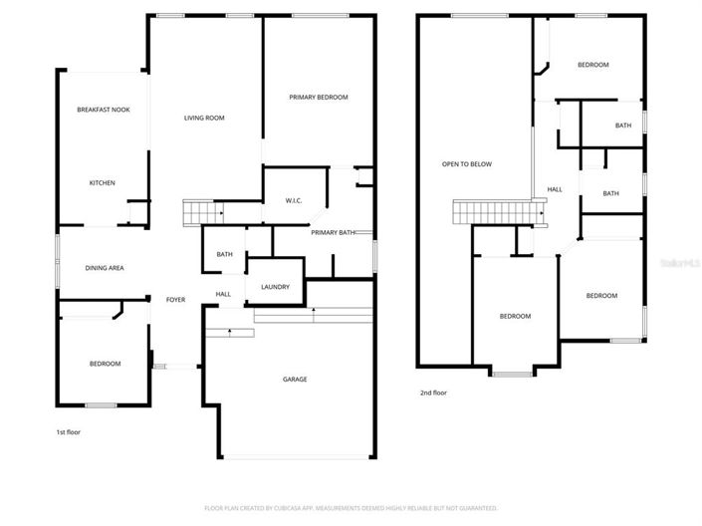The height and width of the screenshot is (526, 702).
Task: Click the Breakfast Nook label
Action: (104, 110)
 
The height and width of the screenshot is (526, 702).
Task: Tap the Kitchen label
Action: (103, 183)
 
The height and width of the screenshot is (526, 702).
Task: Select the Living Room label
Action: (204, 119)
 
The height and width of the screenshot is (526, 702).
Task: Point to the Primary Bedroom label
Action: (319, 97)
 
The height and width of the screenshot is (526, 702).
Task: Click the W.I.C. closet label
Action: (294, 200)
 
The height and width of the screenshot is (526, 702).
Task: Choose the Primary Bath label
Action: (333, 232)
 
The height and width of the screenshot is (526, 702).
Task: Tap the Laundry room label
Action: (275, 287)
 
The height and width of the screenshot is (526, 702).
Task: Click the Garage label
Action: (295, 380)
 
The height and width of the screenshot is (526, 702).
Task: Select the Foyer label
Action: (175, 300)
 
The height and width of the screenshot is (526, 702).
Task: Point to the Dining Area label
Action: (104, 267)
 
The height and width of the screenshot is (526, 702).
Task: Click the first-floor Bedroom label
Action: (105, 364)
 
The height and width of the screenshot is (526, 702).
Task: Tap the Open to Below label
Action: (467, 164)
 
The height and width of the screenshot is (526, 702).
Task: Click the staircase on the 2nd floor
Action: (496, 212)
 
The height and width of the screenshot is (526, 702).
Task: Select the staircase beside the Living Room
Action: (202, 212)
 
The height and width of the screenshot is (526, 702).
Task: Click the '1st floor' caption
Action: (68, 433)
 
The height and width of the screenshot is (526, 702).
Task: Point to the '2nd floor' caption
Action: (433, 393)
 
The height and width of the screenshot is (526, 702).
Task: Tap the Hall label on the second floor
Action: (555, 189)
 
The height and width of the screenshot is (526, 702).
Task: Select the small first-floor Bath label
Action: (225, 255)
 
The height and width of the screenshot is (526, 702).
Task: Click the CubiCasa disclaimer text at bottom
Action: (351, 508)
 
